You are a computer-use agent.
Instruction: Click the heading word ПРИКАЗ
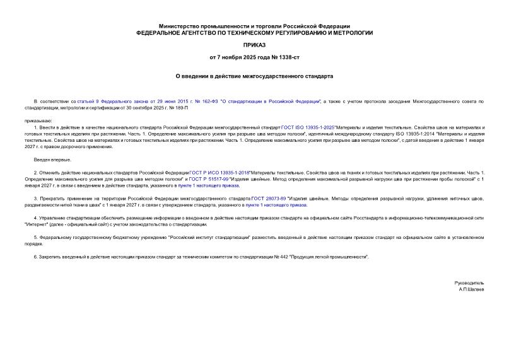click(254, 45)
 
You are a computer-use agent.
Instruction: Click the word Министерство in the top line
click(180, 22)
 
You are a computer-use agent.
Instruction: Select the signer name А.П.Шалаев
click(472, 289)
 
